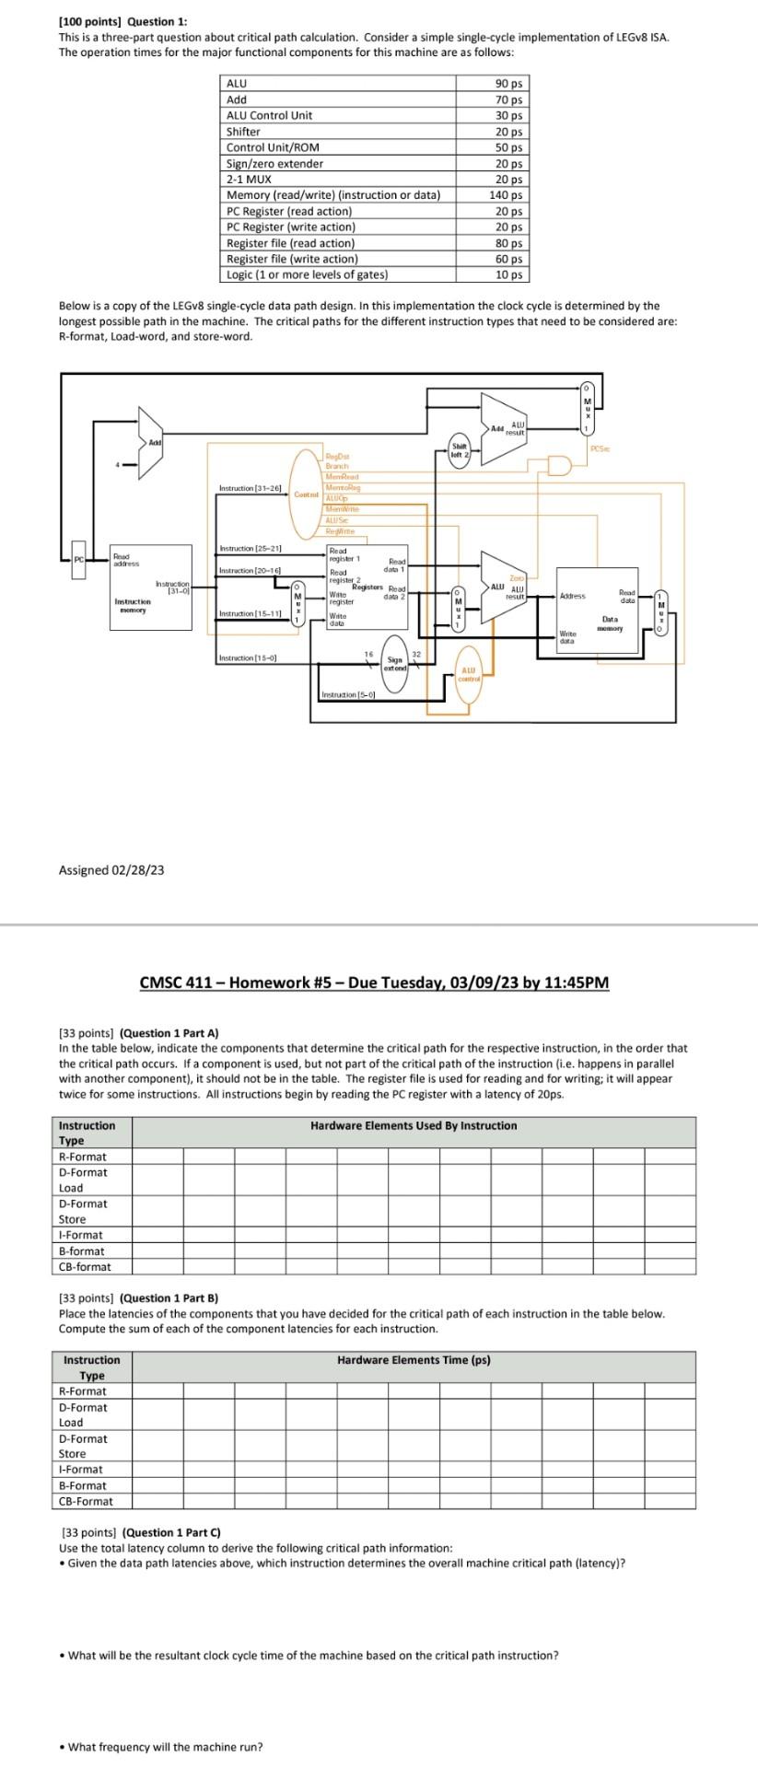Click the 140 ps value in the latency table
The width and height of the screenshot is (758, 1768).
508,195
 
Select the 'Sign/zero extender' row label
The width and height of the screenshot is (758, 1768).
275,164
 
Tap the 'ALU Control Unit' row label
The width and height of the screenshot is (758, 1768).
270,116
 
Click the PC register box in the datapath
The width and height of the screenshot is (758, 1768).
78,560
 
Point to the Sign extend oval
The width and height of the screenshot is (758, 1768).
395,637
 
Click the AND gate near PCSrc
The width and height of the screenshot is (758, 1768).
558,465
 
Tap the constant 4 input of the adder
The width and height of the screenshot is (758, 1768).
117,464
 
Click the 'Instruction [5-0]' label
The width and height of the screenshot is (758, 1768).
348,695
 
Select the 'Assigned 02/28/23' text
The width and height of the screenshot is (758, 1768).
111,870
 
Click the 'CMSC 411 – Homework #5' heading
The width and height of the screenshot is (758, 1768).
374,982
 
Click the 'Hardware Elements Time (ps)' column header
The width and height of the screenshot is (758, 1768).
414,1360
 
